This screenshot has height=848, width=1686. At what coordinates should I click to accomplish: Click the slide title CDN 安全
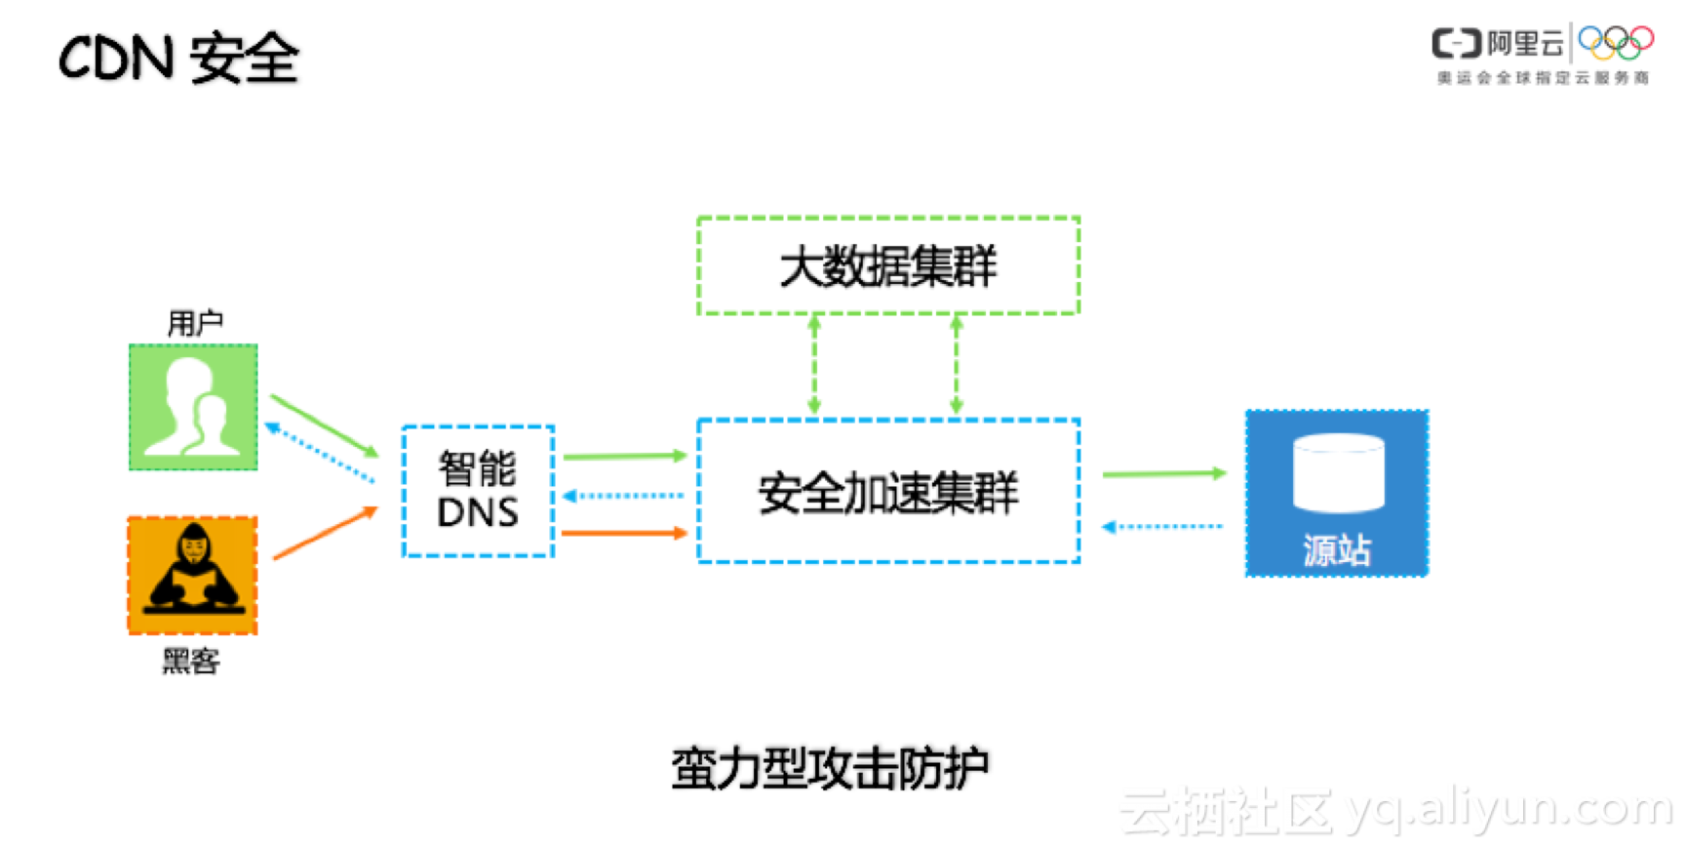click(x=178, y=58)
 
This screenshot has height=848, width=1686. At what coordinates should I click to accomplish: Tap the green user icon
click(x=193, y=407)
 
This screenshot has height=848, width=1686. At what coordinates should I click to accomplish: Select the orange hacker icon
click(x=193, y=576)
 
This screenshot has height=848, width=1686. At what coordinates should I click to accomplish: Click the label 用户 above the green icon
click(x=195, y=323)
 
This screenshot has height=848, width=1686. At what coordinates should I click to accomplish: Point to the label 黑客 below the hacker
click(x=191, y=662)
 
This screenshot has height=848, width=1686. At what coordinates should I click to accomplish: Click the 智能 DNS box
click(x=478, y=491)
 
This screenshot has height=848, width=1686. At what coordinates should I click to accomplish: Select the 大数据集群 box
click(x=887, y=265)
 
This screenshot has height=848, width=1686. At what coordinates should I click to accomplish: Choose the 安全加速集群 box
click(x=887, y=491)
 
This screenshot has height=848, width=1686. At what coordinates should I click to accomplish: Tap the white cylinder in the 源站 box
click(x=1338, y=472)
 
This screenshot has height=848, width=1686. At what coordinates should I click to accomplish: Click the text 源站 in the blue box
click(x=1337, y=550)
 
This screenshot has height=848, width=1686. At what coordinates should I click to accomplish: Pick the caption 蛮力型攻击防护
click(x=830, y=769)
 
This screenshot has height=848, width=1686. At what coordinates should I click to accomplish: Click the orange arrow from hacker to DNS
click(x=325, y=534)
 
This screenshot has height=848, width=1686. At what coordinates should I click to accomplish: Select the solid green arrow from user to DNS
click(x=324, y=425)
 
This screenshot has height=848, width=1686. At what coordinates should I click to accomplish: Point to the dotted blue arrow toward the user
click(x=320, y=453)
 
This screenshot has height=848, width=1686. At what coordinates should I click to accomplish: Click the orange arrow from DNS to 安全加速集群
click(x=624, y=533)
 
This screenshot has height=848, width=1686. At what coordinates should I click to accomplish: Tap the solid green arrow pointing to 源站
click(x=1163, y=473)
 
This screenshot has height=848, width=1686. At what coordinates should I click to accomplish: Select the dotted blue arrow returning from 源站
click(x=1162, y=527)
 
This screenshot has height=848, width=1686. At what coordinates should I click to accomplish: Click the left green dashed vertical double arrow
click(x=814, y=365)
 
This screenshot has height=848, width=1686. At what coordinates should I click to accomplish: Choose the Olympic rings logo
click(x=1616, y=42)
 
